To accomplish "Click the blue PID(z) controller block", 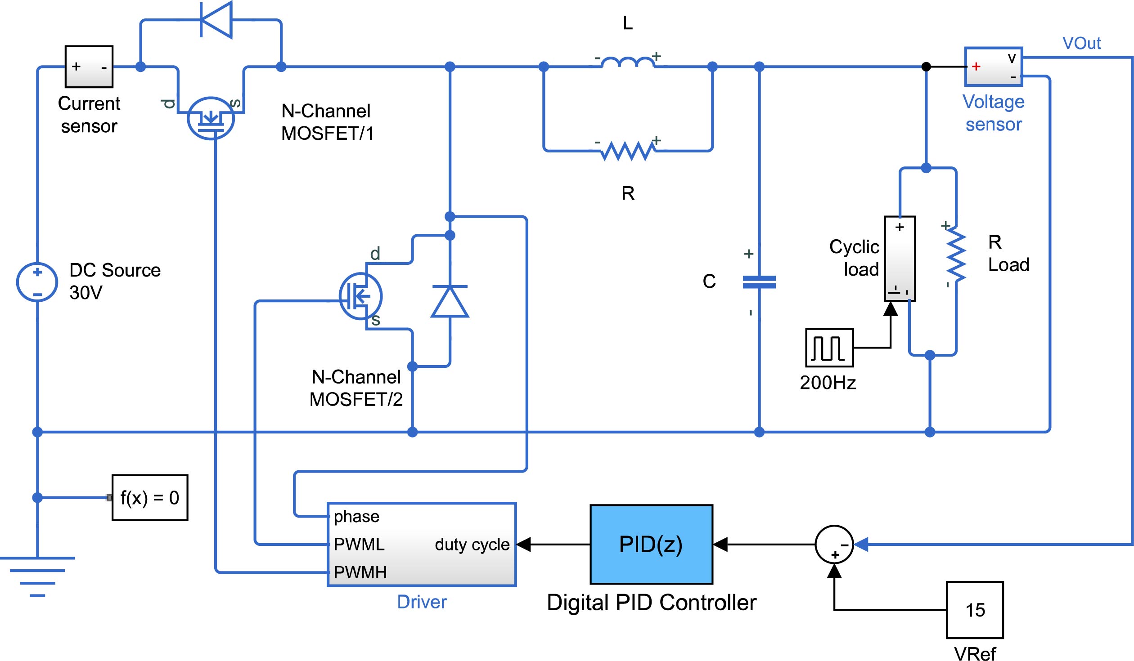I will [x=651, y=544].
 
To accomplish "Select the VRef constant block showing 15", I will [x=975, y=610].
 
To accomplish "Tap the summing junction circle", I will [x=834, y=545].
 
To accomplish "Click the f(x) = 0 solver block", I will [x=150, y=497].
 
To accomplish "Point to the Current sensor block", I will [x=89, y=67].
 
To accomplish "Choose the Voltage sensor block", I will [x=994, y=67].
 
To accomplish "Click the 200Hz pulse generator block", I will [x=829, y=348].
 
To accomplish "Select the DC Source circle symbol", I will [x=37, y=282].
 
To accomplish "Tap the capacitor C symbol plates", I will [x=759, y=282].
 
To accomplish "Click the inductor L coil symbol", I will [x=628, y=63].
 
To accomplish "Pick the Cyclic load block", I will [x=900, y=259].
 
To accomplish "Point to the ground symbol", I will [x=37, y=576].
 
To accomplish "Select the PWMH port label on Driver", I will [x=360, y=572].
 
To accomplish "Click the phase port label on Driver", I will [x=356, y=516].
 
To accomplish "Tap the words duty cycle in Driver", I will [x=472, y=544].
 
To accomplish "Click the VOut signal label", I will [x=1081, y=43].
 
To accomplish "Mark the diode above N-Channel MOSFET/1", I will [x=216, y=20].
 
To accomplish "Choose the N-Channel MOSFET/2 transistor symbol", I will [x=360, y=296].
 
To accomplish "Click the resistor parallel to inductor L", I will [x=628, y=151].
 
